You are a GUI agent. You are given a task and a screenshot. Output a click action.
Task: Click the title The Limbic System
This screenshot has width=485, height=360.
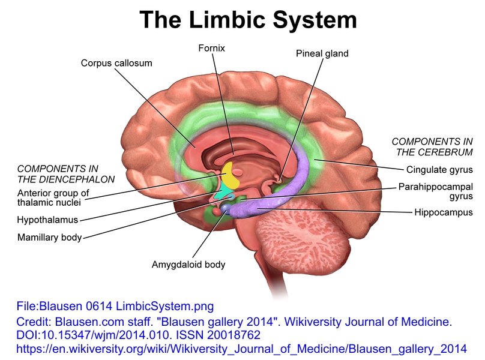248,20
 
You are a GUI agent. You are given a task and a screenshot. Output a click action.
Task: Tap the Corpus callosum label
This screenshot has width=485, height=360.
116,63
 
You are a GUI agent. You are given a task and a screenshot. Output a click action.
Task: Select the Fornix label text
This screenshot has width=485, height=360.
211,48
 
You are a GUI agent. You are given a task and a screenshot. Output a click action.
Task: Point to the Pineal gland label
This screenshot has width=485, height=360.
322,53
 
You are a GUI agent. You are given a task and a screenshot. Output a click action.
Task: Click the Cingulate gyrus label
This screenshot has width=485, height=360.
439,169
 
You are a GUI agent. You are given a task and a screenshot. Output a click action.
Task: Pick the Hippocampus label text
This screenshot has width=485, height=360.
443,212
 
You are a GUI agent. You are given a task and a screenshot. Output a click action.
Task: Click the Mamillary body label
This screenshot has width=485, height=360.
49,238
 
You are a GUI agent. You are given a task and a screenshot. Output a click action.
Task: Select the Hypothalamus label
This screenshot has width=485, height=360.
47,220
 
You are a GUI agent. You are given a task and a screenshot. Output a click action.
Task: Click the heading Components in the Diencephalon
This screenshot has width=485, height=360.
65,174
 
